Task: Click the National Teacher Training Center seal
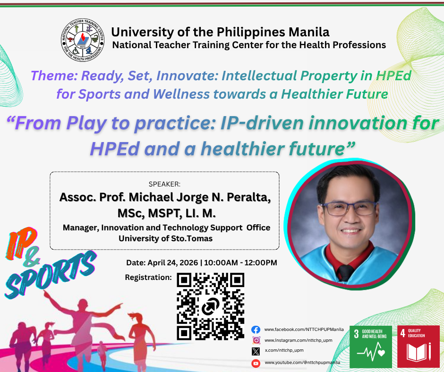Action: [83, 40]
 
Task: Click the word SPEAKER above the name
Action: [164, 184]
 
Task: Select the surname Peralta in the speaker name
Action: [248, 197]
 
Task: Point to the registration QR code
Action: [210, 306]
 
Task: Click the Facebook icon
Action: [256, 330]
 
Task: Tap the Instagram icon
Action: [256, 340]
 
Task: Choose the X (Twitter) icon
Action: [256, 351]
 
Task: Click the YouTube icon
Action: [256, 363]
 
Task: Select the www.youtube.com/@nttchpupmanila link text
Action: [302, 363]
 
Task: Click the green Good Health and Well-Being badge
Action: [371, 347]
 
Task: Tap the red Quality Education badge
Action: [418, 347]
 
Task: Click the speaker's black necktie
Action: [345, 272]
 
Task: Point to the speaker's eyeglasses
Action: [349, 209]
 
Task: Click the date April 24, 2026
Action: [173, 263]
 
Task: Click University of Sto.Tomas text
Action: [165, 238]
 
